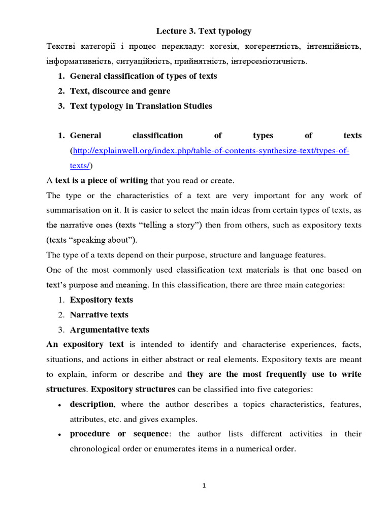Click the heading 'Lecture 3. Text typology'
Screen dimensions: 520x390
click(203, 31)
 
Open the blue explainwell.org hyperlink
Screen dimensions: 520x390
click(211, 151)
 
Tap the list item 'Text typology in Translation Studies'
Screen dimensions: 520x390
click(141, 106)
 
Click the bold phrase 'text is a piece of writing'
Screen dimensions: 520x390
click(101, 180)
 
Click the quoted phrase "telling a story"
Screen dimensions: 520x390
click(168, 225)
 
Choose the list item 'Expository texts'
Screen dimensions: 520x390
click(101, 300)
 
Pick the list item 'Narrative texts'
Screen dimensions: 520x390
click(99, 315)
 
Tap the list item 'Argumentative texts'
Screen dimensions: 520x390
click(109, 330)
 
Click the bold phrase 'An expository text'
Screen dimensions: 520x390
click(82, 344)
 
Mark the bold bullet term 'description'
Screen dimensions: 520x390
click(91, 404)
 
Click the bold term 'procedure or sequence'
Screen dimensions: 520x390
click(119, 434)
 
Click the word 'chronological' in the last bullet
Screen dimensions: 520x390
click(94, 449)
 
